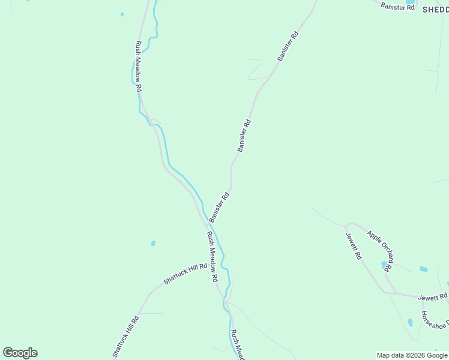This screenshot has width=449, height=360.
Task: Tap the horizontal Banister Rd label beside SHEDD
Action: coord(398,7)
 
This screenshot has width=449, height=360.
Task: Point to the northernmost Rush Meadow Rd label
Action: coord(139,66)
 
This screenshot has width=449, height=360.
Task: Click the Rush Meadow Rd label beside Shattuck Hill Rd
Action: coord(211,257)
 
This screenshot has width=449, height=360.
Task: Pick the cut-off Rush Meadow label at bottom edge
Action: coord(238,345)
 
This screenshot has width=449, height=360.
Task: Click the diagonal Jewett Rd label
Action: coord(354,245)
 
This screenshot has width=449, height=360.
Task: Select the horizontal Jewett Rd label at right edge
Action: coord(433,297)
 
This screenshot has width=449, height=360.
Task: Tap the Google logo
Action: coord(20,353)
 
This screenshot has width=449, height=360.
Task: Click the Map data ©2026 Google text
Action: coord(412,355)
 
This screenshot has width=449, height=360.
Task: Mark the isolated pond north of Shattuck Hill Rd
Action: coord(153,244)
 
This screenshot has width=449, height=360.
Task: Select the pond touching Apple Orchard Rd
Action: coord(384,264)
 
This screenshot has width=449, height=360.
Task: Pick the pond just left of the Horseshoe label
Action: coord(411,322)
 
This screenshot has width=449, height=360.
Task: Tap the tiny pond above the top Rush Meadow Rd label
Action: coord(122,14)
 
